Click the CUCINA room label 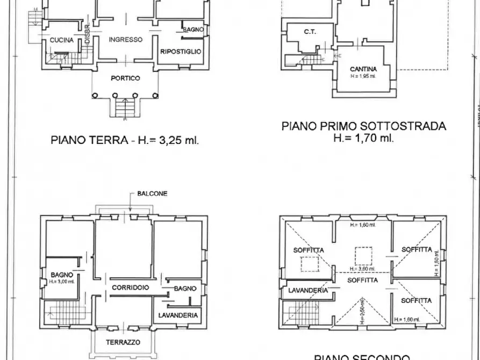(x=61, y=40)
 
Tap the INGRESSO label (x=125, y=39)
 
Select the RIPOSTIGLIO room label (x=181, y=52)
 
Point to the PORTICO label (x=125, y=78)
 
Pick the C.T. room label (x=310, y=32)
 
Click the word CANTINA (x=363, y=69)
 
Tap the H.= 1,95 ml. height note (x=363, y=76)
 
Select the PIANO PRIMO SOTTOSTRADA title (x=363, y=126)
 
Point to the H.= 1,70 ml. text (x=363, y=138)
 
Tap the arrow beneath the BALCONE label (x=130, y=203)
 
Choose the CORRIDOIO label (x=130, y=288)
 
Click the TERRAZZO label (x=123, y=342)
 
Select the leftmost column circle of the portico (x=95, y=96)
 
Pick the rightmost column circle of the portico (x=155, y=96)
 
